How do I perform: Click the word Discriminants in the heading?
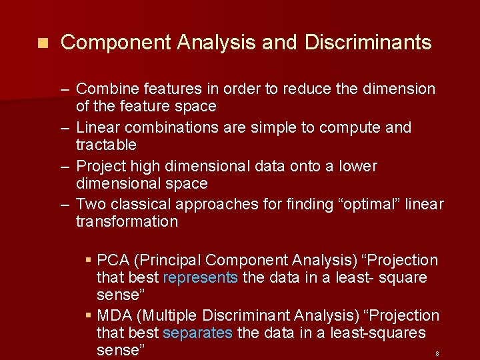tap(368, 43)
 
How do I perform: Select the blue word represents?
tap(200, 277)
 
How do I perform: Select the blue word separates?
tap(197, 333)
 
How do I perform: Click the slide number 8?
tap(437, 353)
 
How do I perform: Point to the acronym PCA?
tap(113, 260)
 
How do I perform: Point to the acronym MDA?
tap(115, 315)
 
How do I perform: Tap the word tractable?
tap(106, 145)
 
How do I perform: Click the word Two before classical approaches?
tap(90, 204)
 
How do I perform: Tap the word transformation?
tap(127, 221)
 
